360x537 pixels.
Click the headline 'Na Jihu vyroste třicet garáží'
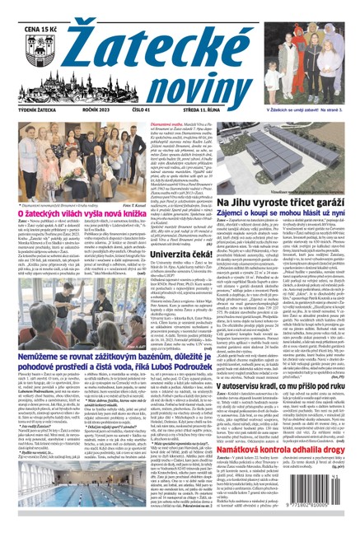267,202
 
